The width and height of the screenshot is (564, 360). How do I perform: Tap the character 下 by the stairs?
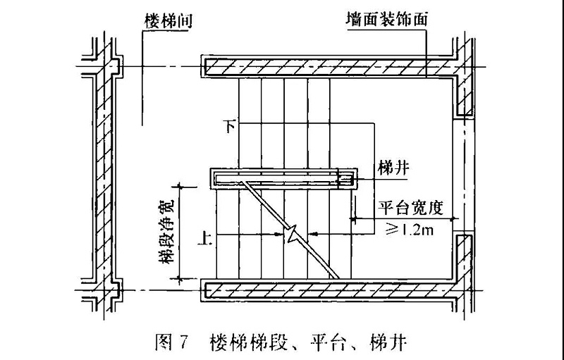[x=228, y=125]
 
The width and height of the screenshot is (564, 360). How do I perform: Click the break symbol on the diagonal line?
[x=291, y=233]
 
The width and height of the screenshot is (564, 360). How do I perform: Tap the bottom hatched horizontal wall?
[x=324, y=290]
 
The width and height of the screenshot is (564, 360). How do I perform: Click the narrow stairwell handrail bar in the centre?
[x=282, y=179]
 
